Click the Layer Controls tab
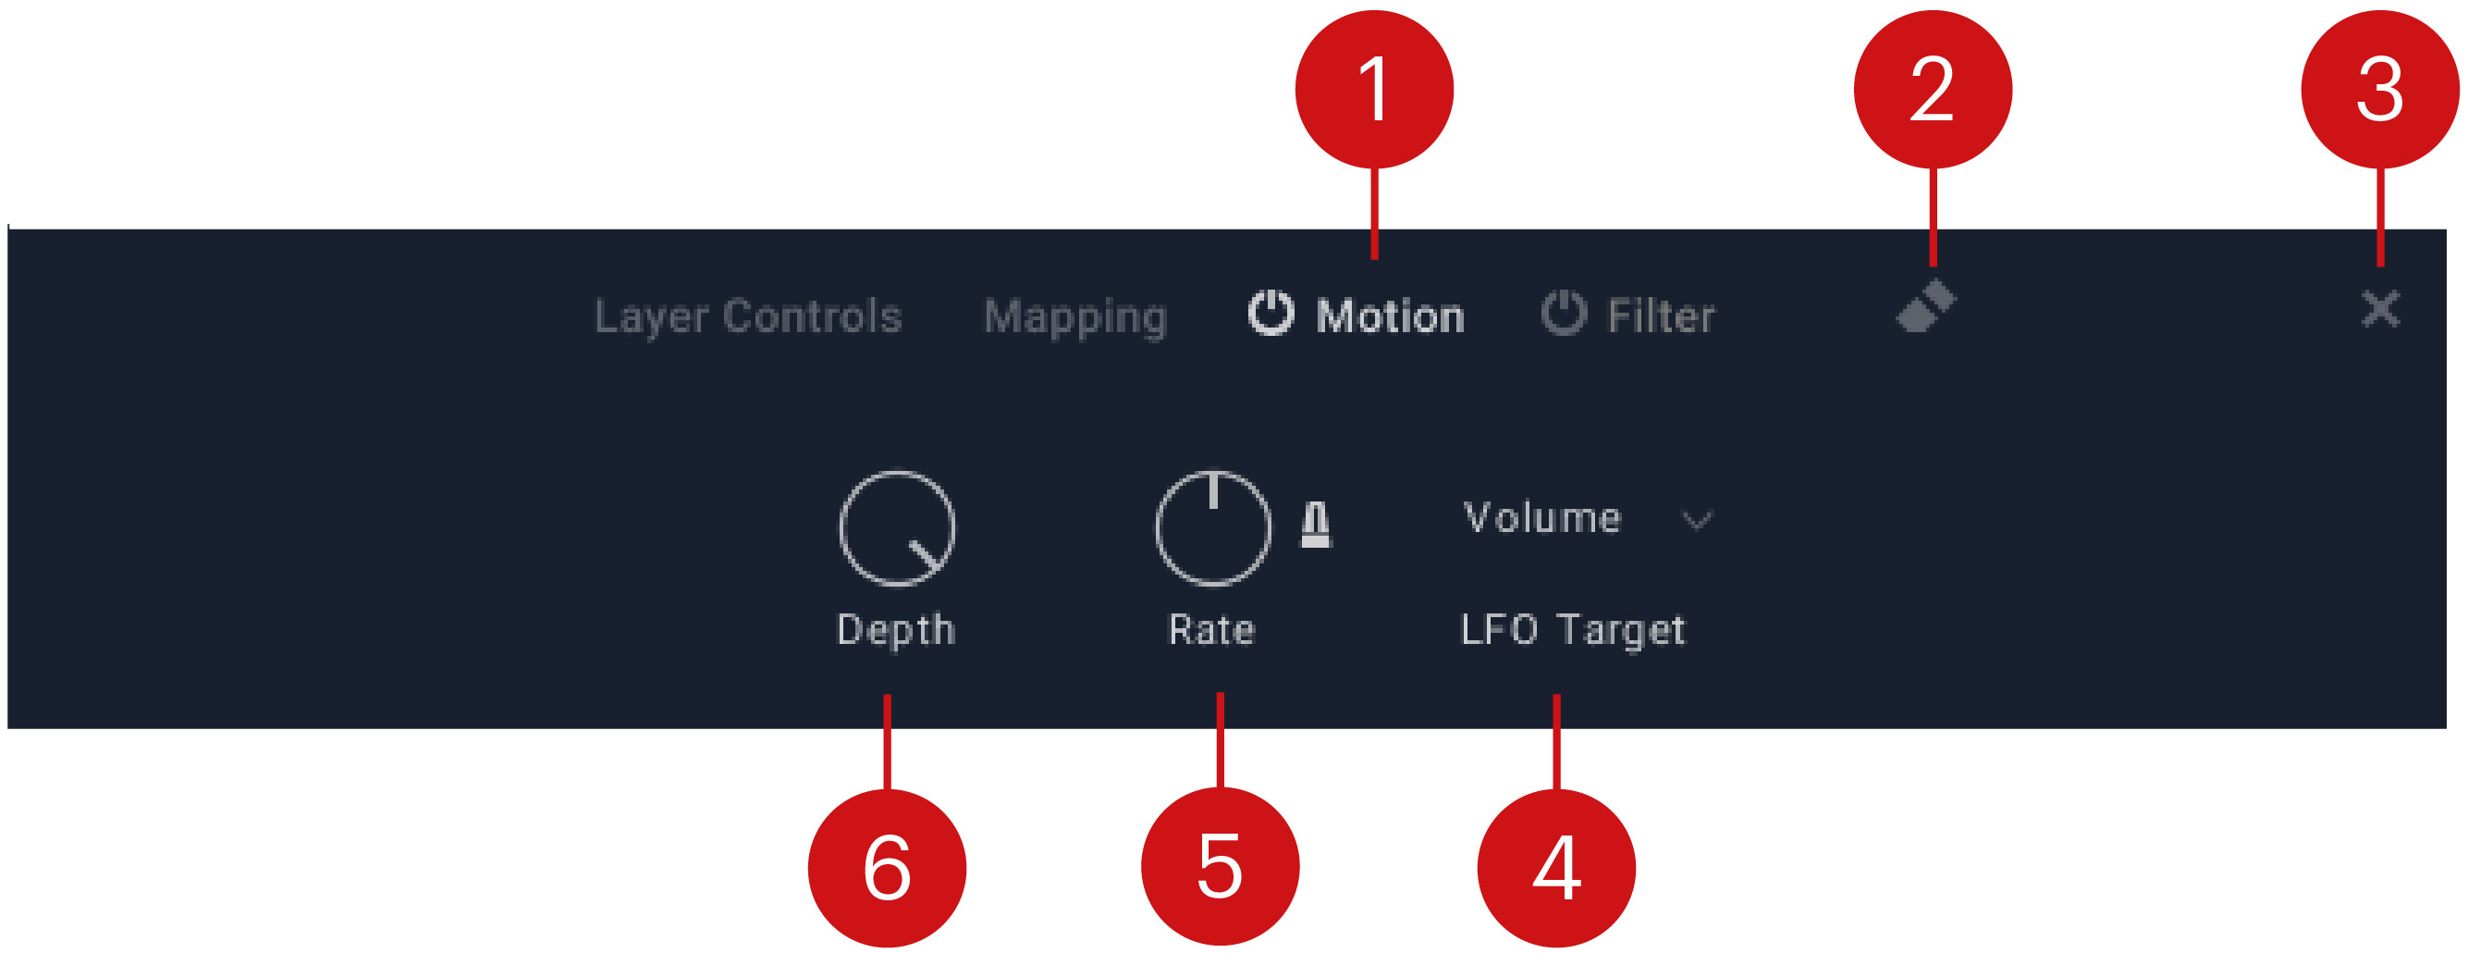click(x=748, y=316)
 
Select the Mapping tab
click(x=1075, y=316)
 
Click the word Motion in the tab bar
click(x=1390, y=316)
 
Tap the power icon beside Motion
click(x=1271, y=313)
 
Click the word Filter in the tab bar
click(x=1661, y=316)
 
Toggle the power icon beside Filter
click(x=1564, y=313)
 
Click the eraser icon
click(x=1926, y=307)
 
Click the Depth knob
click(x=897, y=527)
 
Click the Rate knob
click(x=1213, y=527)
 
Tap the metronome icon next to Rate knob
click(x=1316, y=525)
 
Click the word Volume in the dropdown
click(x=1542, y=518)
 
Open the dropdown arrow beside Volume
click(x=1697, y=521)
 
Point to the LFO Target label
click(x=1572, y=630)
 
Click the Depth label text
click(x=896, y=630)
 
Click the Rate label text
click(x=1211, y=630)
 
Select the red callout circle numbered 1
click(x=1374, y=89)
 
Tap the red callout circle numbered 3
click(x=2380, y=89)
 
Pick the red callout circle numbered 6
click(x=887, y=868)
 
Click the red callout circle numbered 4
click(x=1556, y=868)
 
